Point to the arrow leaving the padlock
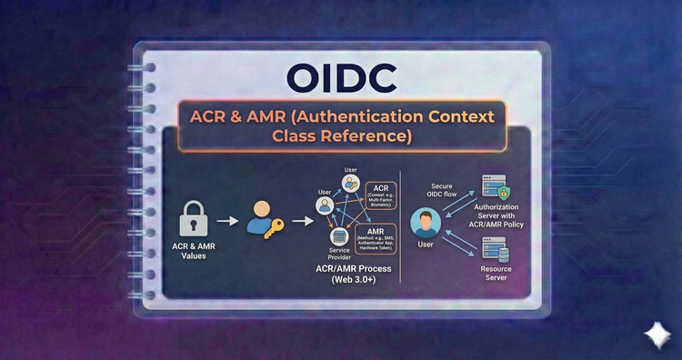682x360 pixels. pos(229,220)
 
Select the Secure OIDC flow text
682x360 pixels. pos(443,190)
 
